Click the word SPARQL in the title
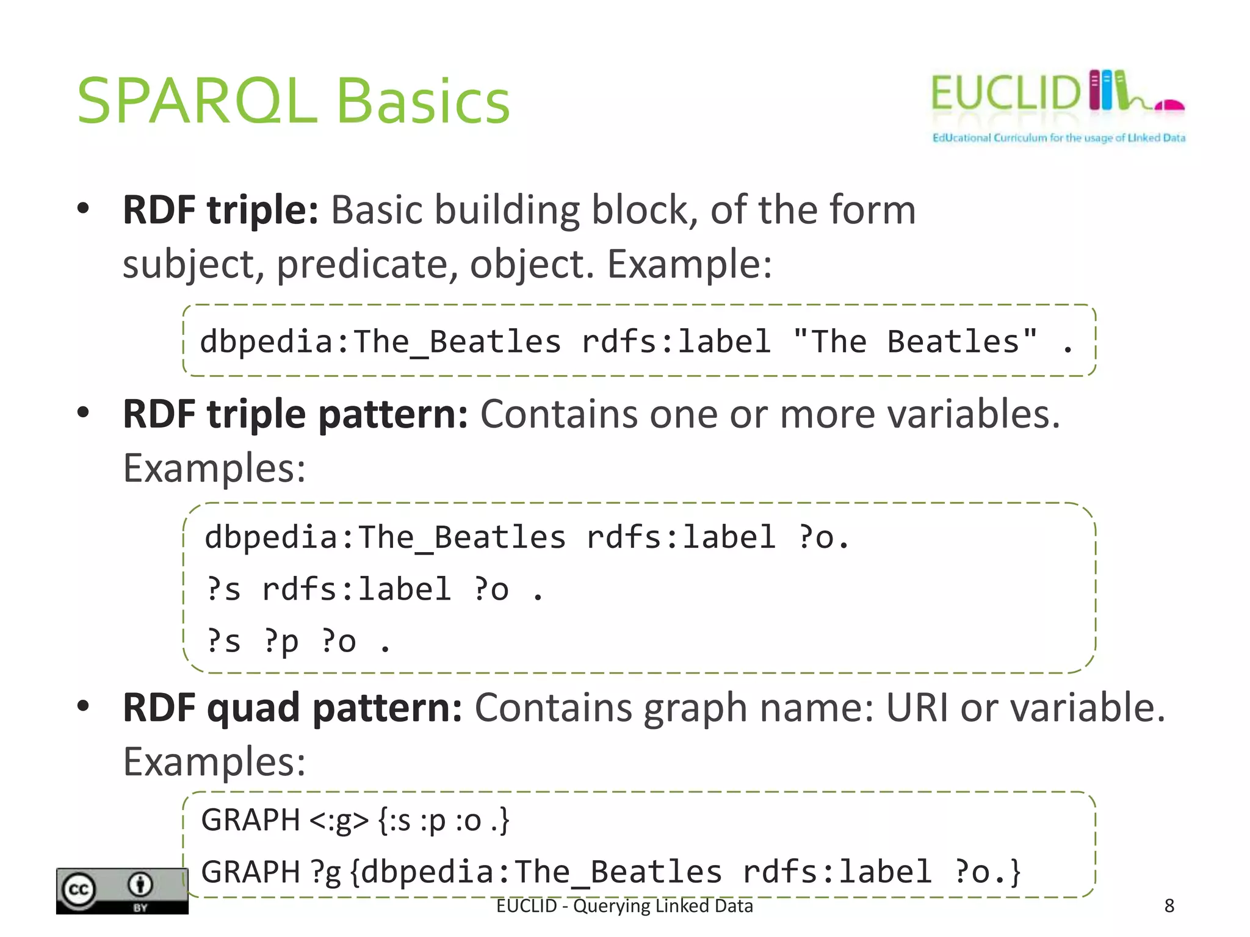pos(197,101)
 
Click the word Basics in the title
pos(423,101)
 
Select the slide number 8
pos(1169,906)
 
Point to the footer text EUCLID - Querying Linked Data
pos(624,906)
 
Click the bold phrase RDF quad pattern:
pos(292,708)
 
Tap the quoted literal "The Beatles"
pos(915,341)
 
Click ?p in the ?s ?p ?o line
pos(281,641)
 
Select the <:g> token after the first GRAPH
pos(339,820)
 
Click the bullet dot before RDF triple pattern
pos(84,412)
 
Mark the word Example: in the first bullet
pos(689,264)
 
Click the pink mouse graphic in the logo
pos(1169,106)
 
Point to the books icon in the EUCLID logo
pos(1107,90)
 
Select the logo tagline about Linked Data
pos(1058,138)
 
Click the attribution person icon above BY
pos(140,885)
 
